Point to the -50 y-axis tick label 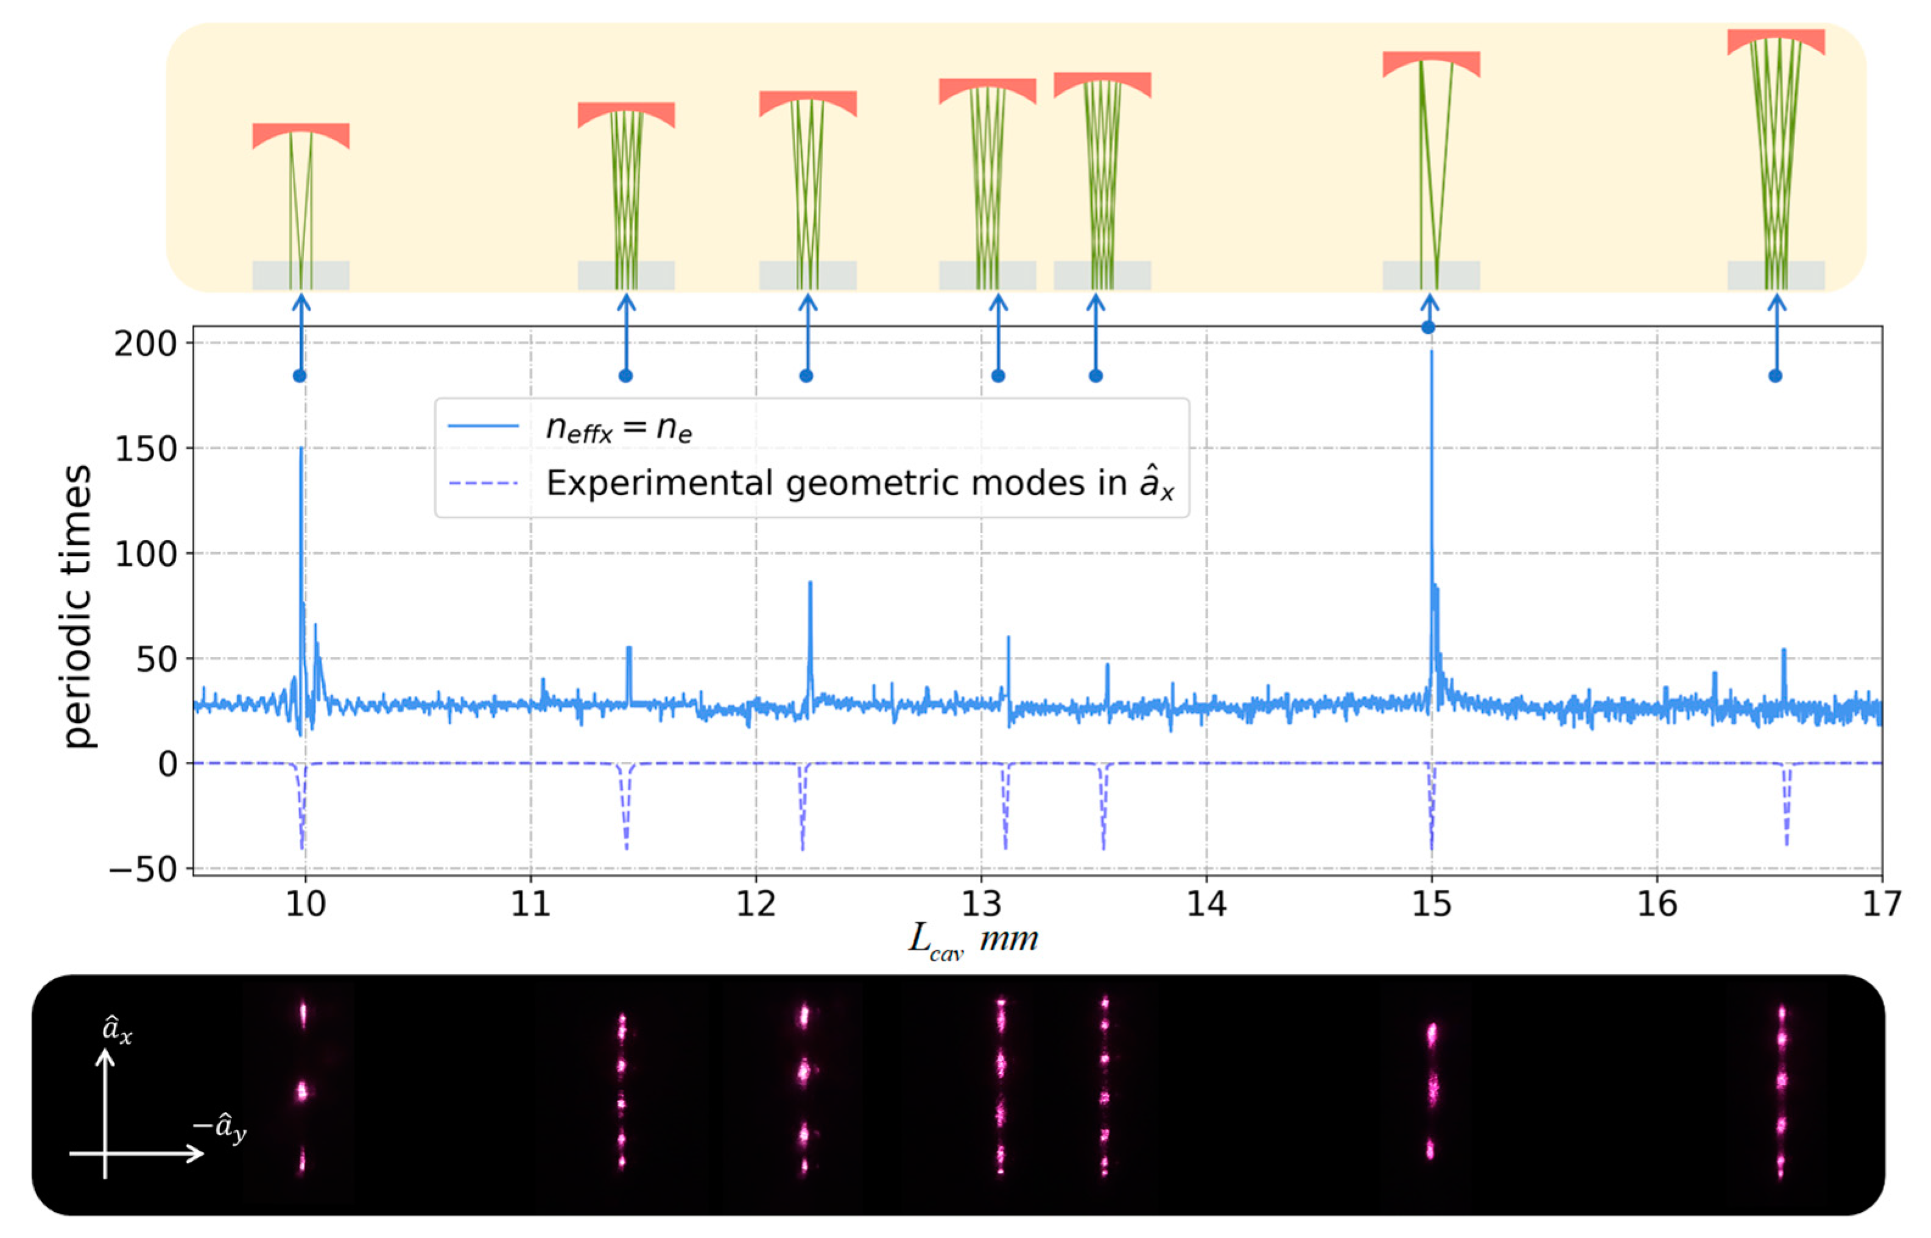point(143,869)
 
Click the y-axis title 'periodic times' point(77,607)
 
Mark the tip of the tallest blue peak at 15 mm point(1431,351)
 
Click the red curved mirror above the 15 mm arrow point(1431,62)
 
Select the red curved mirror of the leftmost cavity point(301,133)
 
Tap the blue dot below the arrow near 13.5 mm point(1095,376)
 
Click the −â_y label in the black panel point(219,1128)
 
